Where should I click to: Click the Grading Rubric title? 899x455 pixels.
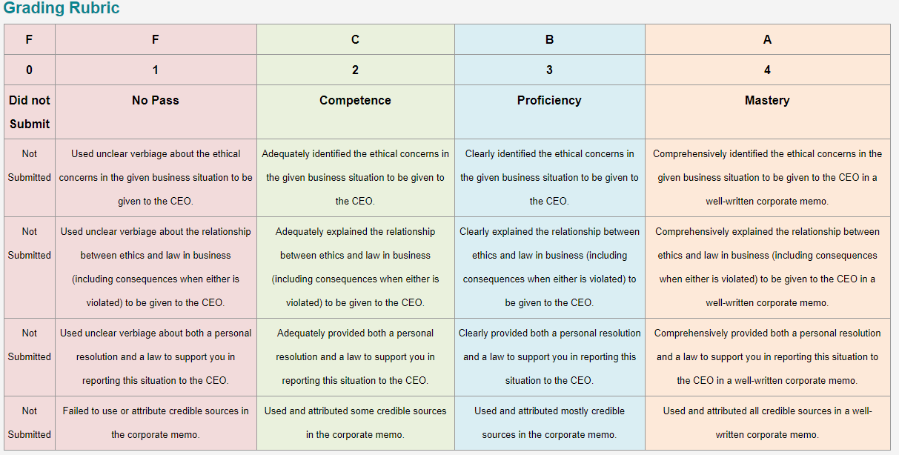(x=62, y=8)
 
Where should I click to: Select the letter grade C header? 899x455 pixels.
(x=355, y=40)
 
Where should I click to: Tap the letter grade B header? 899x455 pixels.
(x=549, y=40)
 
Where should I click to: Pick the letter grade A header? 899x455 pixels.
(x=767, y=40)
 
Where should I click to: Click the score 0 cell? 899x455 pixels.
(x=30, y=70)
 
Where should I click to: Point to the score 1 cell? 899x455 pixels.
(x=156, y=70)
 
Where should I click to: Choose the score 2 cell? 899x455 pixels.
(x=355, y=70)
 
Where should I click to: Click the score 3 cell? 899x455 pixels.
(x=549, y=70)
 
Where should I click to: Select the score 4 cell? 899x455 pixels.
(x=767, y=70)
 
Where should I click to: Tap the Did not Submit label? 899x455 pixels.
(x=30, y=112)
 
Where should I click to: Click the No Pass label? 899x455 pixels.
(x=156, y=100)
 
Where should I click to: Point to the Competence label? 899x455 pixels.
(x=355, y=100)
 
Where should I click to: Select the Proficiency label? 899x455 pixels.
(x=549, y=100)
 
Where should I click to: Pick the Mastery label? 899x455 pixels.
(x=767, y=100)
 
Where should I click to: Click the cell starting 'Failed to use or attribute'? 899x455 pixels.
(x=156, y=423)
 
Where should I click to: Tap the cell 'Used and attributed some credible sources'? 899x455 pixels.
(x=355, y=423)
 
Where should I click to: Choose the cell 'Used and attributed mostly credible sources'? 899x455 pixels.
(x=549, y=423)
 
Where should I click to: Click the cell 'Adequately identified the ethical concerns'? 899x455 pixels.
(x=355, y=177)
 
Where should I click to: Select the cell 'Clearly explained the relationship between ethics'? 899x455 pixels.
(x=549, y=268)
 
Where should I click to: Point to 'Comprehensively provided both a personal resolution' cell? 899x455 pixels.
(x=767, y=356)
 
